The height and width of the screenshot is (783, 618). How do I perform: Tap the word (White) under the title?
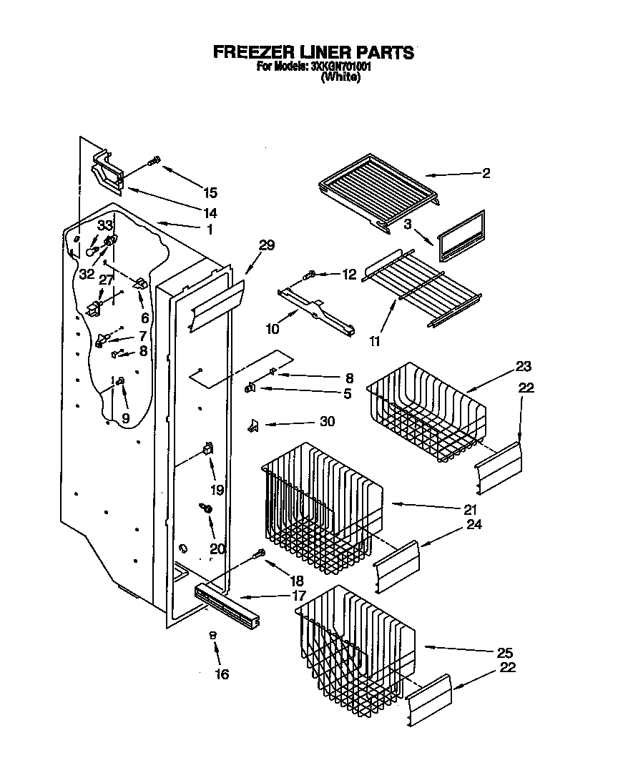tap(340, 77)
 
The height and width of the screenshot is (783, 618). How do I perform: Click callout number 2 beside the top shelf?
tap(486, 173)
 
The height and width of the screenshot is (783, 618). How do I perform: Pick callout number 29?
tap(266, 246)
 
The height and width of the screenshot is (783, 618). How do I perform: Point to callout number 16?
tap(222, 674)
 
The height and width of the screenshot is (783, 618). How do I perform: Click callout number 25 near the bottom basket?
tap(504, 654)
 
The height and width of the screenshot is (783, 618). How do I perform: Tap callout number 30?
tap(327, 422)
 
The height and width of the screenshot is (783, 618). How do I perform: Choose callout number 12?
tap(348, 274)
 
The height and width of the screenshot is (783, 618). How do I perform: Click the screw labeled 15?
tap(152, 162)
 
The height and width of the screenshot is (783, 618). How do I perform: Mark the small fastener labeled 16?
tap(212, 634)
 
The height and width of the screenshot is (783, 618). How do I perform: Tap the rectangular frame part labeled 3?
tap(460, 235)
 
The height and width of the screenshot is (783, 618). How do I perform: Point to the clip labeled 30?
tap(252, 426)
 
